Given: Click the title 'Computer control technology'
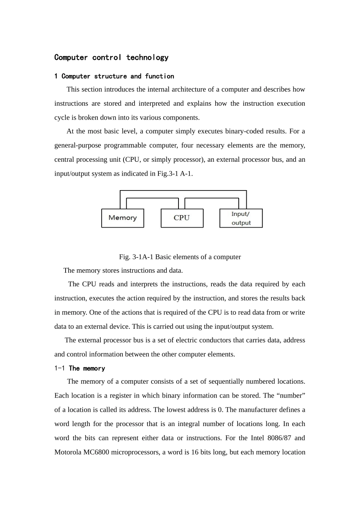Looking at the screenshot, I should [x=111, y=58].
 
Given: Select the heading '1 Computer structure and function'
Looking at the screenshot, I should [x=114, y=77].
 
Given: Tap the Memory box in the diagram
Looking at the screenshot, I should [x=122, y=218].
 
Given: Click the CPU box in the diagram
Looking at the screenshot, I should [x=182, y=218].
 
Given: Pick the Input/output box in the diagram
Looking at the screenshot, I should [x=241, y=218].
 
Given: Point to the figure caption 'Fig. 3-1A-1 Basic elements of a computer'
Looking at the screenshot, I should [x=180, y=257].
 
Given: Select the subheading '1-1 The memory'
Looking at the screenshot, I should [x=80, y=368].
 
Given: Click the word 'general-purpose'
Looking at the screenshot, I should [x=77, y=145].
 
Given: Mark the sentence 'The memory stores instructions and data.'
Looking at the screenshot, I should [x=123, y=270].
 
